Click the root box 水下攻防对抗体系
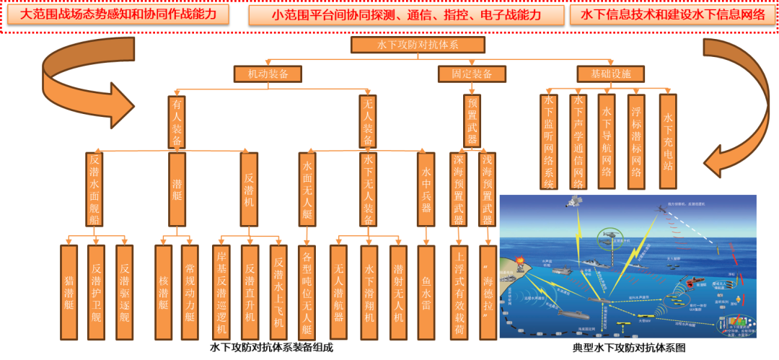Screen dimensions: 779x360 coord(418,45)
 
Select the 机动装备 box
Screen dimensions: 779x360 coord(268,74)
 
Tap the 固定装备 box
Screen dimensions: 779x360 coord(472,74)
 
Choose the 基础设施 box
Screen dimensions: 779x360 coord(610,74)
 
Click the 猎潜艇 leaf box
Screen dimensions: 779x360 coord(69,291)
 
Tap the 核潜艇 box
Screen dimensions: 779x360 coord(163,291)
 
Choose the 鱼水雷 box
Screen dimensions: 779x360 coord(426,291)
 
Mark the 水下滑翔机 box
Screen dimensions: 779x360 coord(369,291)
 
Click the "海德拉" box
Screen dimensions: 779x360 coord(488,291)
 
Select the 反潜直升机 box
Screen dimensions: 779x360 coord(250,291)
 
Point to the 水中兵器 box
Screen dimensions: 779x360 coord(426,189)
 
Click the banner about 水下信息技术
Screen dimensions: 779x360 coord(672,14)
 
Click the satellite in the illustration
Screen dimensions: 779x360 coord(576,203)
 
